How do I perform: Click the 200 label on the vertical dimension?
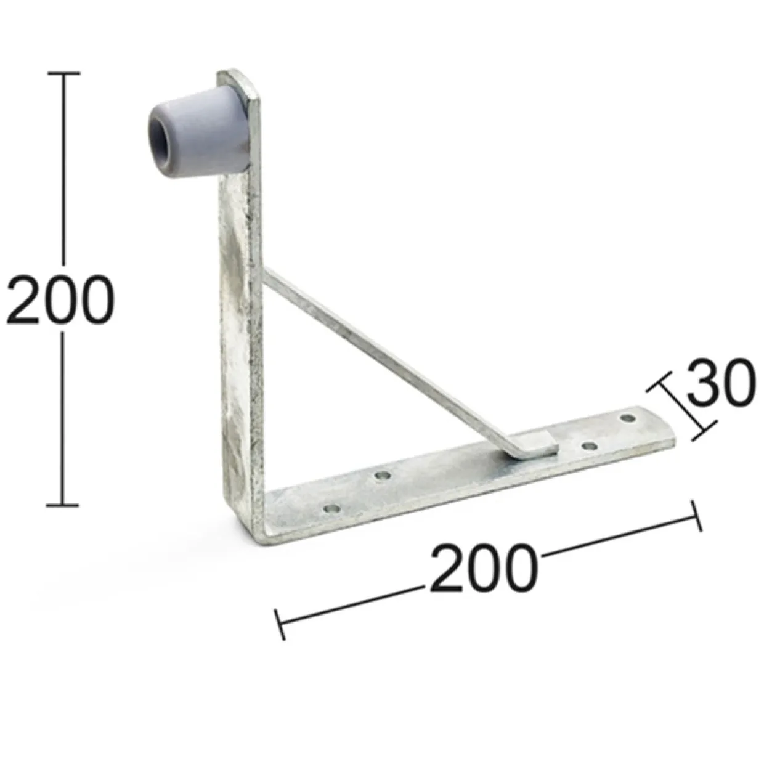click(x=60, y=298)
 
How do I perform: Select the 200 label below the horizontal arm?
click(x=484, y=567)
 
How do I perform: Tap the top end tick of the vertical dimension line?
click(x=63, y=73)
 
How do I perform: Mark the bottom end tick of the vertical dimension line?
click(x=63, y=505)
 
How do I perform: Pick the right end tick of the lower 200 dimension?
click(x=697, y=516)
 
